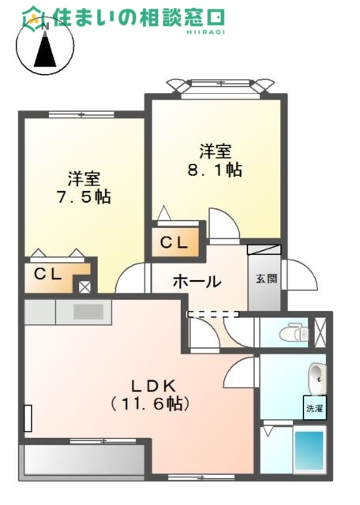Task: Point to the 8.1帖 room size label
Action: [x=216, y=169]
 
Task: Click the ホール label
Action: [x=196, y=282]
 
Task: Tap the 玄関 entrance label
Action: [x=264, y=279]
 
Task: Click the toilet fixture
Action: [x=293, y=331]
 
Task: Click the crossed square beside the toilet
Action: [x=320, y=331]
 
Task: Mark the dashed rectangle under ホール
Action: [x=212, y=313]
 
